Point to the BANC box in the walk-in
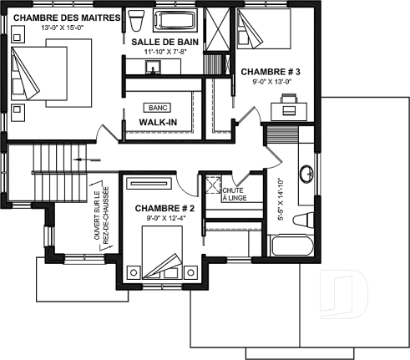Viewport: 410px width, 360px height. pyautogui.click(x=156, y=108)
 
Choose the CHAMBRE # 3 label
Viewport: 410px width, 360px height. pyautogui.click(x=271, y=72)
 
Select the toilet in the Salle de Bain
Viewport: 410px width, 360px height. pyautogui.click(x=138, y=20)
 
